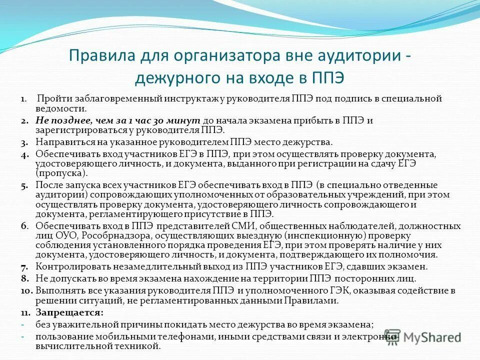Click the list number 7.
click(23, 267)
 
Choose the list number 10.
click(26, 290)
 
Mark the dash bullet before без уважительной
click(23, 324)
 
